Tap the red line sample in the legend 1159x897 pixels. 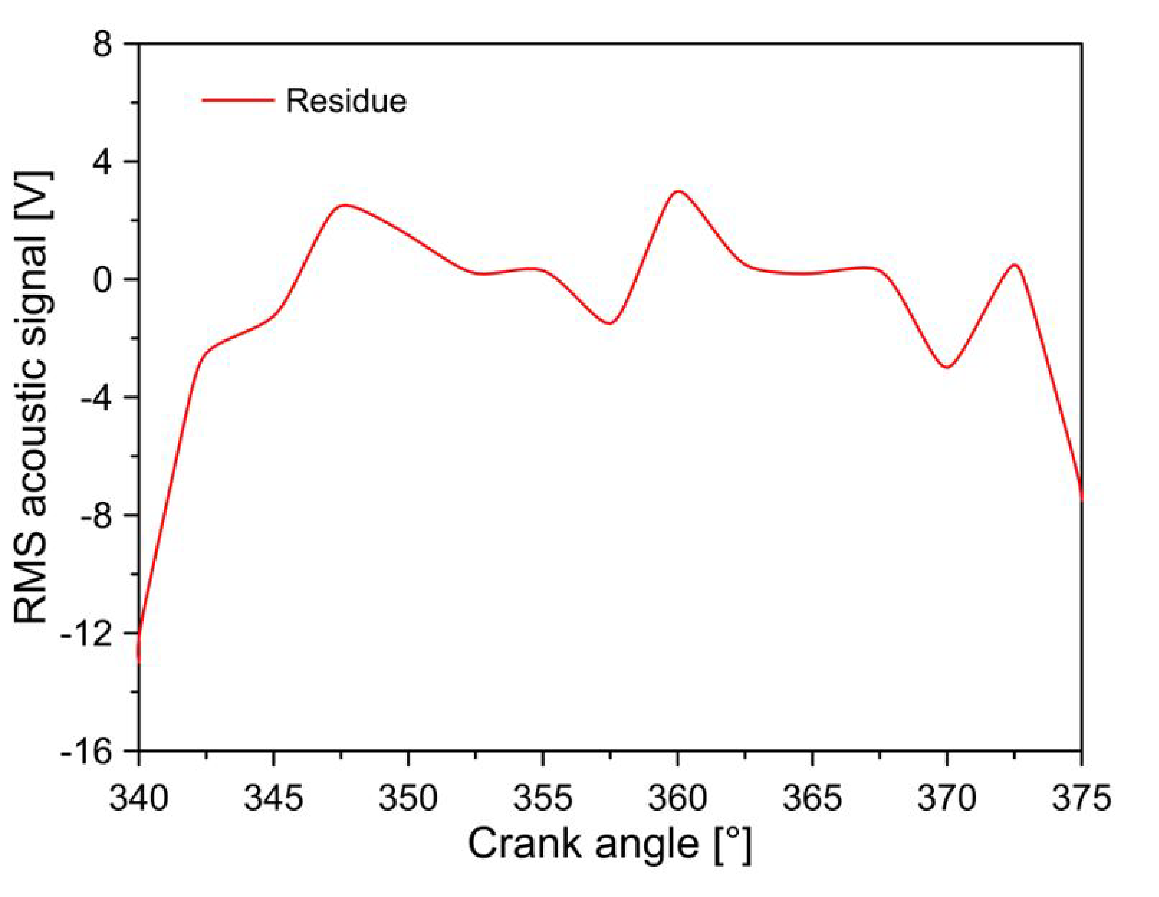coord(238,100)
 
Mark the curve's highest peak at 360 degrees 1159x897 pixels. coord(678,191)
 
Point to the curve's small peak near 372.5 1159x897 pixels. coord(1015,264)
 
